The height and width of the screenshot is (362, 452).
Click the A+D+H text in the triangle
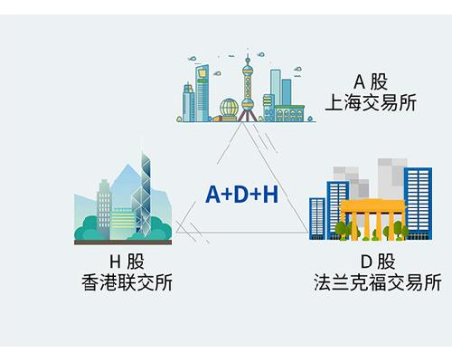coord(241,195)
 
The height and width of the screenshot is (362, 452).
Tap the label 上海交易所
coord(371,102)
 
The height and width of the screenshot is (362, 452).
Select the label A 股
coord(371,81)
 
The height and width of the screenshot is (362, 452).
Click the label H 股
coord(127,262)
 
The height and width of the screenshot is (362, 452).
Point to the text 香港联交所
coord(127,282)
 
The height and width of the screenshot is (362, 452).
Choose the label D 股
coord(378,262)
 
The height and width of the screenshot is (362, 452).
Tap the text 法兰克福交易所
coord(378,282)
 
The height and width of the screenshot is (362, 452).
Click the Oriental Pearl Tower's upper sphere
coord(248,71)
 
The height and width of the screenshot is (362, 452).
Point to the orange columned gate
coord(373,220)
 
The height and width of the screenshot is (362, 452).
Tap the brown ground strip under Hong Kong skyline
coord(123,243)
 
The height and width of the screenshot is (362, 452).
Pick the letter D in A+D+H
coord(242,195)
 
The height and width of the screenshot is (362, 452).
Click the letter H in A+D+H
coord(270,195)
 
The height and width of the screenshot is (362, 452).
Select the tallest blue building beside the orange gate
coord(418,204)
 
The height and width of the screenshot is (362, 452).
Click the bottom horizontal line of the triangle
coord(241,233)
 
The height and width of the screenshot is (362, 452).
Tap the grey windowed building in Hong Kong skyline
coord(104,208)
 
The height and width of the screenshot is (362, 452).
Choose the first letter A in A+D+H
coord(213,195)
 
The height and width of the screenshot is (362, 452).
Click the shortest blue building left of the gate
coord(317,218)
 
